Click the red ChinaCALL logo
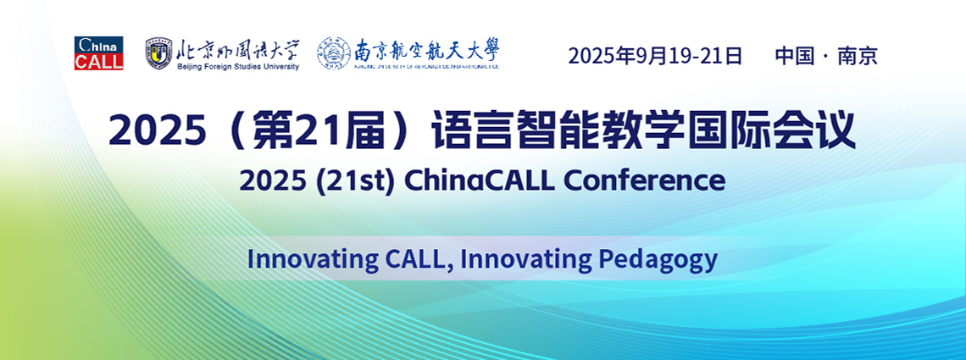(x=98, y=53)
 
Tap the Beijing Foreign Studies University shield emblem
(x=158, y=53)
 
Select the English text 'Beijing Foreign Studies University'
(x=237, y=66)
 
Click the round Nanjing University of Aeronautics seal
(x=334, y=53)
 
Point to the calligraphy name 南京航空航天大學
(x=426, y=51)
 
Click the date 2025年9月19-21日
(x=654, y=56)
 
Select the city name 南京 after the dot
(x=858, y=56)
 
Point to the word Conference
(x=645, y=180)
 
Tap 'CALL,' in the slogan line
(x=415, y=258)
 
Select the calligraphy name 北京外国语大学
(x=237, y=48)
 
